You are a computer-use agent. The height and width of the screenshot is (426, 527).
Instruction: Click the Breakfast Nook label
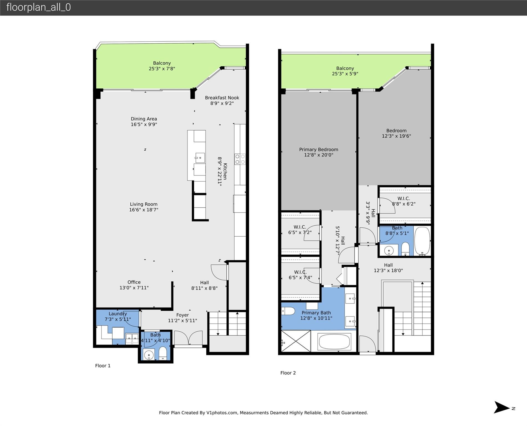tap(222, 98)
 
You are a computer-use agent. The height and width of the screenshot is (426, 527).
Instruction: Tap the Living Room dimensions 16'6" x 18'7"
tap(144, 210)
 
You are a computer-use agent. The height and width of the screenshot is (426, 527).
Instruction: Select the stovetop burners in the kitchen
tap(240, 159)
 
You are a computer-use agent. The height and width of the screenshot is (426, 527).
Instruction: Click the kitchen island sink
tap(200, 158)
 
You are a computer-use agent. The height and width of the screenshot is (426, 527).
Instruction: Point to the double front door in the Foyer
tap(188, 339)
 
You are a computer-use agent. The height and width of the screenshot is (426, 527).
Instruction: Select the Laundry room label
tap(118, 314)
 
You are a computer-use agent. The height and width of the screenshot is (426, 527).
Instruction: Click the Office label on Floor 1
tap(134, 282)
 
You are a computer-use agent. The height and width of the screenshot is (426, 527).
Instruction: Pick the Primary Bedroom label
tap(318, 149)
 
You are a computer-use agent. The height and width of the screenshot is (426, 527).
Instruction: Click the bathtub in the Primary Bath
tap(335, 341)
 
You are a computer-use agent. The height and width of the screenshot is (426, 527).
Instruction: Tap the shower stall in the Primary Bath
tap(296, 341)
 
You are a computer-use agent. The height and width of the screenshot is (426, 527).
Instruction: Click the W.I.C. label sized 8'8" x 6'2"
tap(404, 198)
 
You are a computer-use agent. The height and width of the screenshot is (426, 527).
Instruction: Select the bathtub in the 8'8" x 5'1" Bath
tap(422, 241)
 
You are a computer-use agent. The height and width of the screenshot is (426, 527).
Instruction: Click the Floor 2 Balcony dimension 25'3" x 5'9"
tap(345, 74)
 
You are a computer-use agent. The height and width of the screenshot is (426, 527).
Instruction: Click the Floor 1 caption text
tap(103, 366)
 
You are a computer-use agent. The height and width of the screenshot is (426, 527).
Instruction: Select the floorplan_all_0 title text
tap(39, 7)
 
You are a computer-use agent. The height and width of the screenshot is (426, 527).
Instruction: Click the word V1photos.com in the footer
tap(222, 413)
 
